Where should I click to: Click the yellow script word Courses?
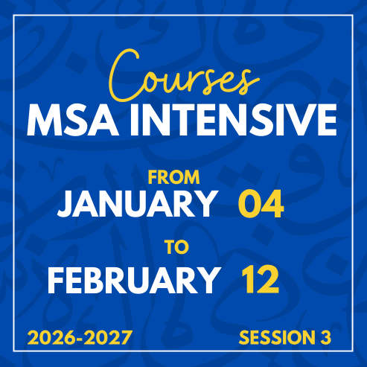point(184,76)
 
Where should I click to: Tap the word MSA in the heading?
point(72,120)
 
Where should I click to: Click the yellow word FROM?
point(174,177)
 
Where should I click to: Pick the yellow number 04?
point(261,204)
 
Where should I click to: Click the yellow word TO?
point(177,247)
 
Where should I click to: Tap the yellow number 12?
point(261,279)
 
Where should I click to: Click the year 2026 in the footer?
point(51,337)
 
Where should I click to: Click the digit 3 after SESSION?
point(325,337)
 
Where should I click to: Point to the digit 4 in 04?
point(273,204)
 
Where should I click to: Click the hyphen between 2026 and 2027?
point(80,339)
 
